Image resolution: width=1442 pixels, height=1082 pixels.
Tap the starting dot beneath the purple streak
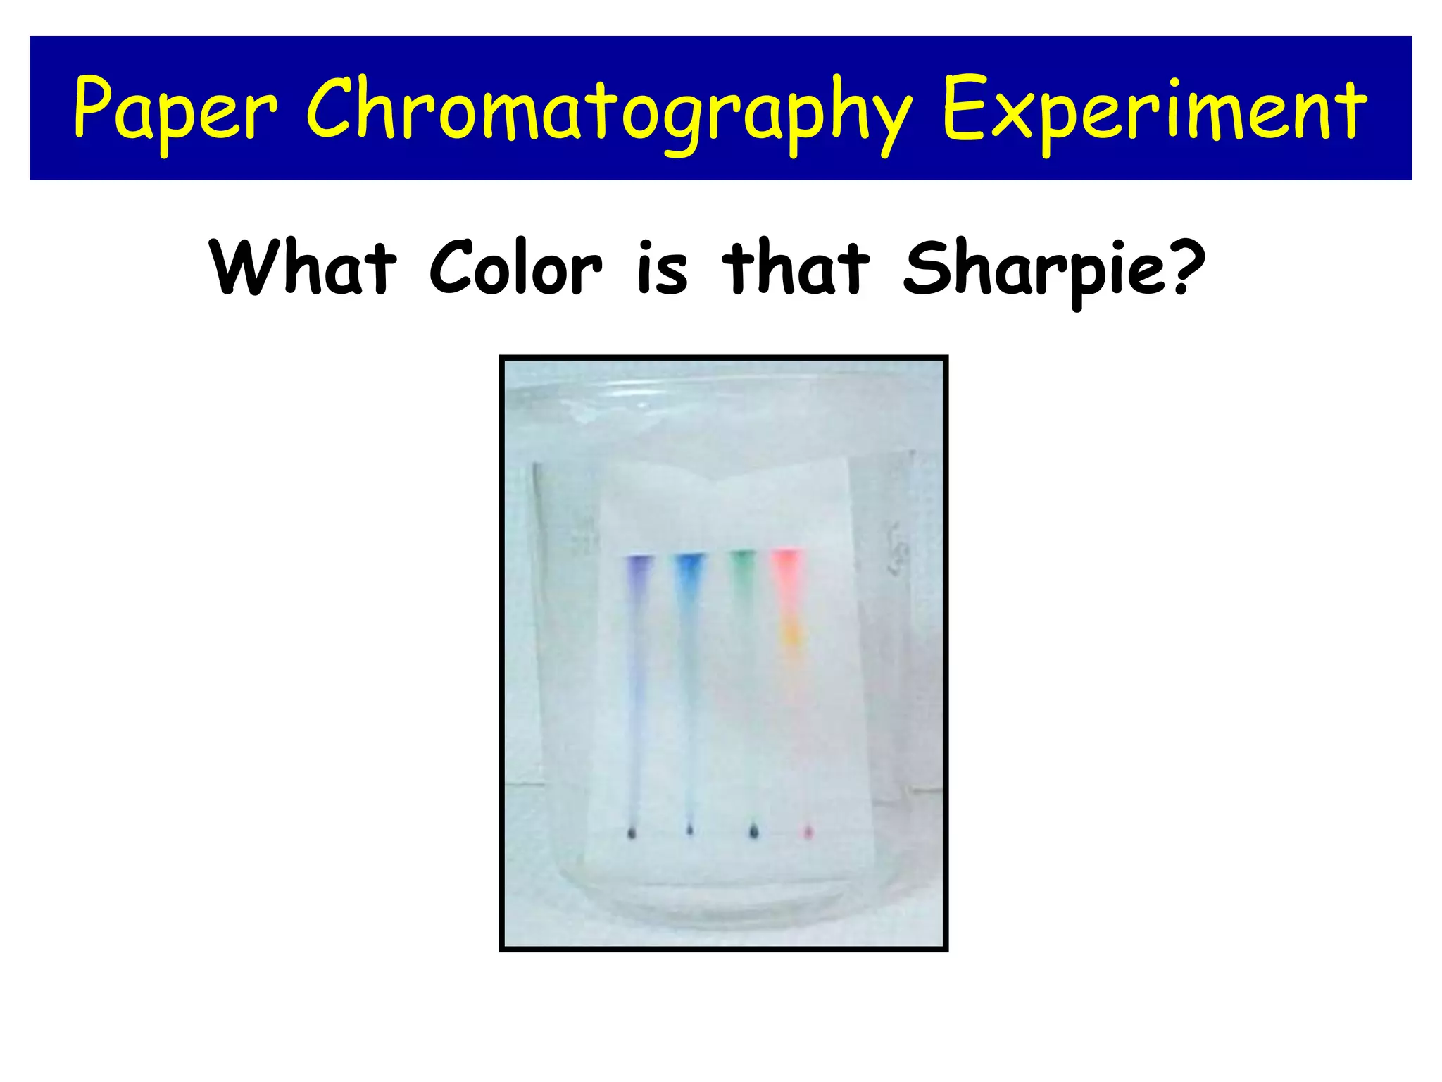tap(632, 833)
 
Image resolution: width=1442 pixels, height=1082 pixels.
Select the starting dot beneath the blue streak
tap(689, 831)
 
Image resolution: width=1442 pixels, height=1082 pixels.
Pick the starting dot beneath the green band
tap(754, 832)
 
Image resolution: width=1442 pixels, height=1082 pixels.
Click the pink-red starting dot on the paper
tap(808, 833)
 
